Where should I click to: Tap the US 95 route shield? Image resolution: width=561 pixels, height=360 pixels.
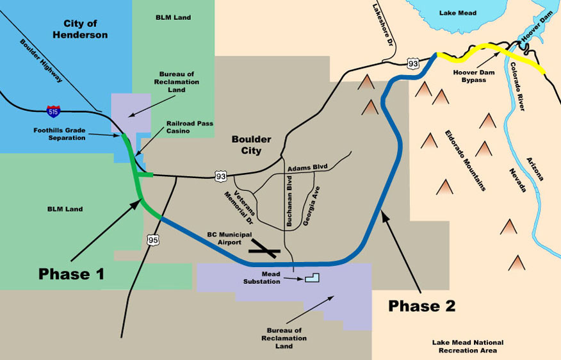click(x=154, y=240)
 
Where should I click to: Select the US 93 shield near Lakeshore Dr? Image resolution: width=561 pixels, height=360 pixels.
click(x=413, y=63)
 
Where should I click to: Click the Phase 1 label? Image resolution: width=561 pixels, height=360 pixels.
click(x=71, y=274)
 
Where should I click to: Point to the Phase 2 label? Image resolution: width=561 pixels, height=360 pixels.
click(x=421, y=306)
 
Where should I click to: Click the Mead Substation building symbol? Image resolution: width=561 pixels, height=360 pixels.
click(x=312, y=278)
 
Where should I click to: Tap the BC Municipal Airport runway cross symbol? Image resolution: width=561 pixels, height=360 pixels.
click(x=263, y=249)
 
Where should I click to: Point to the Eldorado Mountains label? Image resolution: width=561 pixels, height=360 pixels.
click(x=466, y=161)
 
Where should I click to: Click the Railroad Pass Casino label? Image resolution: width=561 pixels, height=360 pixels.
click(x=190, y=127)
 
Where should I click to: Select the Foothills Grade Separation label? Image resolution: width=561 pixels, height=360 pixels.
click(x=60, y=134)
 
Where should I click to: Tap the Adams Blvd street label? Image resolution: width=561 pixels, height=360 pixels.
click(x=307, y=167)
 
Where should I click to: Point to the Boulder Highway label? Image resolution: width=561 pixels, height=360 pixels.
click(x=42, y=61)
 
